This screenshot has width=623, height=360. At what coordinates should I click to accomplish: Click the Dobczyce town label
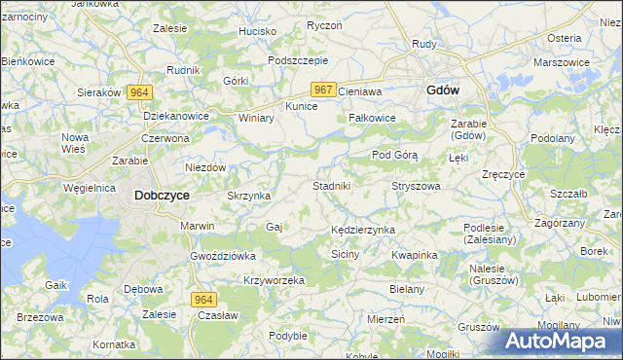[162, 195]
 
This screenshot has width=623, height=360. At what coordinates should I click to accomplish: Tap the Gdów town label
[443, 90]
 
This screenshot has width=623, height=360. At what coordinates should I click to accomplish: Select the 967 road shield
[325, 90]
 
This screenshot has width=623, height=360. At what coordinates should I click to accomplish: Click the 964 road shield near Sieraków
[139, 91]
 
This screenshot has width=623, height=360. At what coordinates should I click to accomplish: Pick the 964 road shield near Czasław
[202, 300]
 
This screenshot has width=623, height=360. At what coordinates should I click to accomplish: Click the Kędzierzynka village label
[362, 229]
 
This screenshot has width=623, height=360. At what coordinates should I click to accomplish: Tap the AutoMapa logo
[557, 341]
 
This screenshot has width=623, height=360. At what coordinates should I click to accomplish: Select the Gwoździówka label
[223, 256]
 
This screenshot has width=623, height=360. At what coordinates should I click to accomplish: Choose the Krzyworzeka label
[275, 280]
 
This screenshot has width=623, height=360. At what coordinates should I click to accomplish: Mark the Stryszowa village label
[416, 185]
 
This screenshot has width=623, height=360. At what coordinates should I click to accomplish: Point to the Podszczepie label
[297, 59]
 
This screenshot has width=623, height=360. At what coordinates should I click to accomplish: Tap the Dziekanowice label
[177, 114]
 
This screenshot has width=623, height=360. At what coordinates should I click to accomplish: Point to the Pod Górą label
[395, 155]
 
